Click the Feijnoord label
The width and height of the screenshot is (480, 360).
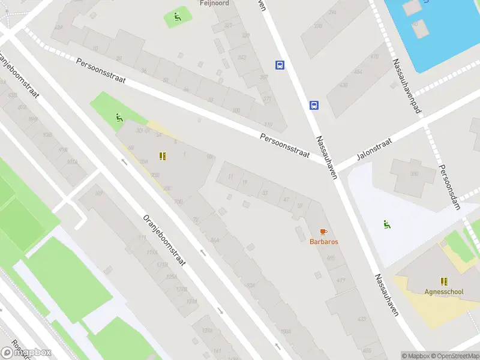coord(214,3)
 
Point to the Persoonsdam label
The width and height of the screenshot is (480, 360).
coord(449,187)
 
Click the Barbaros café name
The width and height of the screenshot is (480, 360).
coord(323,242)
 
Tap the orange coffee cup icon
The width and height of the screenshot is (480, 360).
coord(323,231)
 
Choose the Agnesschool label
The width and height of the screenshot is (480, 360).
coord(443,292)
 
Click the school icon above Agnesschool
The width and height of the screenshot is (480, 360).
coord(444,281)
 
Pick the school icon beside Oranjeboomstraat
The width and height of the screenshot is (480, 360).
coord(162,156)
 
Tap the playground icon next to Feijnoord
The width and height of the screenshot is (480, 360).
coord(177,17)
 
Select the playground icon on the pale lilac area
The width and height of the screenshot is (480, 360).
coord(388,225)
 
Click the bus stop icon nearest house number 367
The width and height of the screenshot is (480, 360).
coord(280,65)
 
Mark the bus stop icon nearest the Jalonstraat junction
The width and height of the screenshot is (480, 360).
coord(314,106)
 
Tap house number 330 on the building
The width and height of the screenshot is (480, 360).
coord(413,174)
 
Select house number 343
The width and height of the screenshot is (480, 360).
coord(241,58)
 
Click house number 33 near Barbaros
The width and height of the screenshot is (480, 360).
coord(265,192)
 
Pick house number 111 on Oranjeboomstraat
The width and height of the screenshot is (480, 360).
coord(142,238)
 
